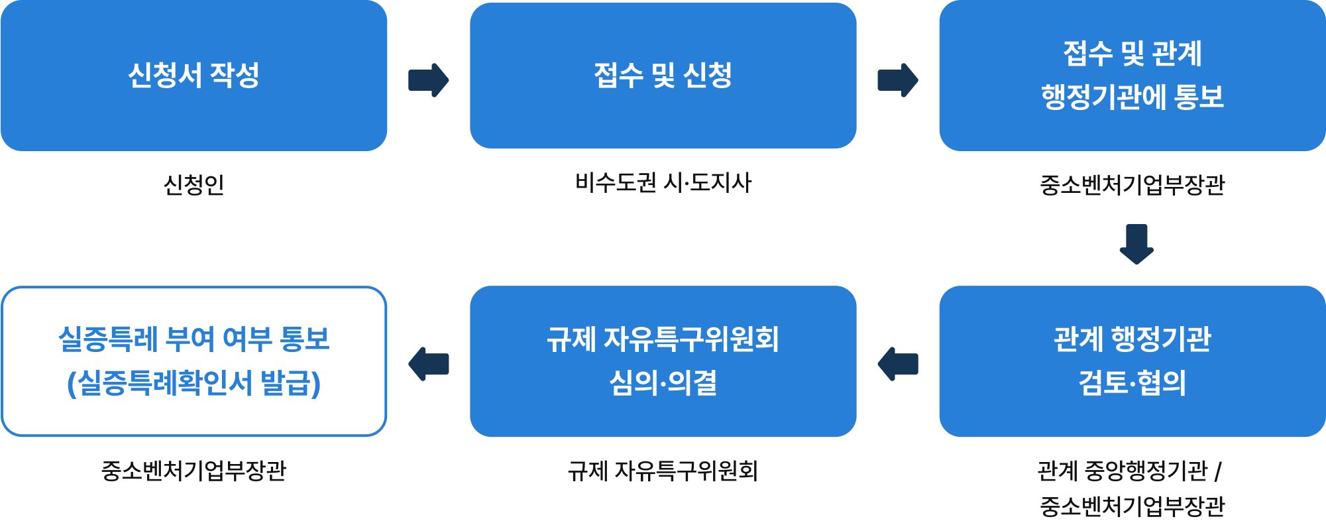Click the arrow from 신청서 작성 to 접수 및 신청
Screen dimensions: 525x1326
429,80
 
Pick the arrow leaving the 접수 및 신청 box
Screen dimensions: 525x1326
898,80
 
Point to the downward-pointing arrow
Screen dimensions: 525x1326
1136,244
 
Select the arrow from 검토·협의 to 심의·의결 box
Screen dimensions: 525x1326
898,364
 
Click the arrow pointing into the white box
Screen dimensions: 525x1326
429,364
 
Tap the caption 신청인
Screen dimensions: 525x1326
193,184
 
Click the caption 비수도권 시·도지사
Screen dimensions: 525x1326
663,183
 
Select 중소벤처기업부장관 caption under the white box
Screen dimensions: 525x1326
193,471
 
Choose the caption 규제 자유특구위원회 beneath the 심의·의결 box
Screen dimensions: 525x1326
663,471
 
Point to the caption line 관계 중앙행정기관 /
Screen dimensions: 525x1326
1129,471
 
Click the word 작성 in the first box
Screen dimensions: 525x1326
235,75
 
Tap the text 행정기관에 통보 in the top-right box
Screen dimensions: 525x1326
1132,97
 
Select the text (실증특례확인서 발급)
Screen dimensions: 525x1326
193,383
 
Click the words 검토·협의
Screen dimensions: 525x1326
1132,383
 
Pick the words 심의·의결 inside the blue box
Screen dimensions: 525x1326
663,383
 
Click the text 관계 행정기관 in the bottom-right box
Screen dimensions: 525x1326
1132,339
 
